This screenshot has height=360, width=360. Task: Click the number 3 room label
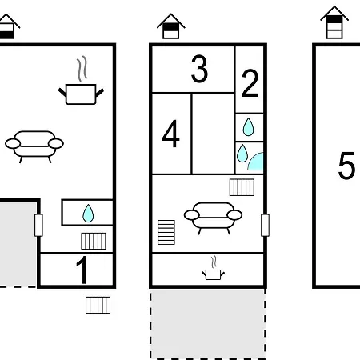point(199,69)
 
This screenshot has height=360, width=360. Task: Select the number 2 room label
point(250,83)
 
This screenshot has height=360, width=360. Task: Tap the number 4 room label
point(171,134)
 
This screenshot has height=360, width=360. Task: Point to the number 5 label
point(346,166)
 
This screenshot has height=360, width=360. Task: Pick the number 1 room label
point(82,270)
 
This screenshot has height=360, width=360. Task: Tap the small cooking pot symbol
point(214,268)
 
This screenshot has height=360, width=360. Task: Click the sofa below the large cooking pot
point(34,146)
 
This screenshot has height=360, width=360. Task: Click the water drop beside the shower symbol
point(242,154)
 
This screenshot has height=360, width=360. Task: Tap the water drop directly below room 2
point(248,127)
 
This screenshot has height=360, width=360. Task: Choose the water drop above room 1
point(88,214)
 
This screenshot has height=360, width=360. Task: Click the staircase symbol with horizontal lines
point(166,232)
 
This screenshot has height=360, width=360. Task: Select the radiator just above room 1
point(94,241)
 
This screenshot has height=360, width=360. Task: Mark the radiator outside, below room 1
point(98,305)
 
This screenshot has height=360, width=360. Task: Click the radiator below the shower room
point(242,187)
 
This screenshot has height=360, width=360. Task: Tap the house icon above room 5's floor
point(334,22)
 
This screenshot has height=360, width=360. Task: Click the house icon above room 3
point(171,26)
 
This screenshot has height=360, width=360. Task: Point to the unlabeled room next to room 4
point(213,134)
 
